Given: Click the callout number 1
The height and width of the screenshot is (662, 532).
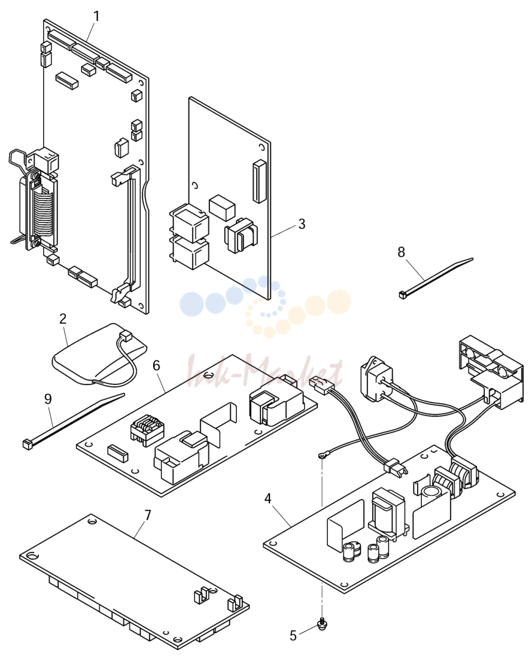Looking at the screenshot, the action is [96, 17].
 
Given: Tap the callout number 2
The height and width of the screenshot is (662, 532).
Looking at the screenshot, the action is [63, 319].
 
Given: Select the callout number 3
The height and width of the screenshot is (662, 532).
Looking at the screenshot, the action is [301, 224].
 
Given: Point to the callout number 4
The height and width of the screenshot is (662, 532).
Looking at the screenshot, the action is [267, 499].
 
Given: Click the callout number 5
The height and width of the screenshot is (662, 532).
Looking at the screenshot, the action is [293, 636].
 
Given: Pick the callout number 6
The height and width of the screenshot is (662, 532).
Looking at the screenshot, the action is [156, 365].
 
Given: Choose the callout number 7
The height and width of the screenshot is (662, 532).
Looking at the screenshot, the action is [147, 515].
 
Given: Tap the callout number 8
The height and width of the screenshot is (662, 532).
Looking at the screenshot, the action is [401, 252].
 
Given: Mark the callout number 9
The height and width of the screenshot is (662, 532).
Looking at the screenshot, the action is [48, 399].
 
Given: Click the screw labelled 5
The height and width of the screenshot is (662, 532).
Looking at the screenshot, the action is [323, 624].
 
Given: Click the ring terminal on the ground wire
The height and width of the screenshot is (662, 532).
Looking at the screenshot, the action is [323, 455].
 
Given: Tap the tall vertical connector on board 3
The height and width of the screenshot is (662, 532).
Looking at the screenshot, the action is [259, 181].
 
